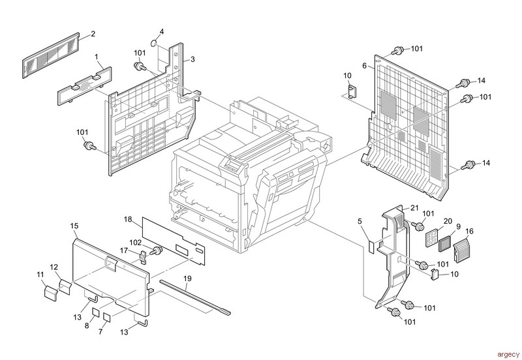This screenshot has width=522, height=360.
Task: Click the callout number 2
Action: (93, 34)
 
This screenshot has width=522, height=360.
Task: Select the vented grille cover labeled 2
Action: (51, 55)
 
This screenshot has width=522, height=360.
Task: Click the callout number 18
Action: (128, 219)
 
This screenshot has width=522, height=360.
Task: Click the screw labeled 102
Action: (156, 250)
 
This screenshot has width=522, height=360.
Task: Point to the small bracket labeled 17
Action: (143, 256)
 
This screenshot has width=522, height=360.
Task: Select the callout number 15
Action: (74, 226)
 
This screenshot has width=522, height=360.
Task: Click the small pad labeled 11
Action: (51, 292)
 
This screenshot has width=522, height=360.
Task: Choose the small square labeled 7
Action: (107, 317)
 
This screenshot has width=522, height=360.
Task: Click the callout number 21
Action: (414, 208)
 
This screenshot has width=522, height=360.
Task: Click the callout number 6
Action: (365, 66)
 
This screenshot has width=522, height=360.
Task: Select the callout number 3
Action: (192, 59)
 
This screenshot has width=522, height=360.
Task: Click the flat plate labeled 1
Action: (85, 85)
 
